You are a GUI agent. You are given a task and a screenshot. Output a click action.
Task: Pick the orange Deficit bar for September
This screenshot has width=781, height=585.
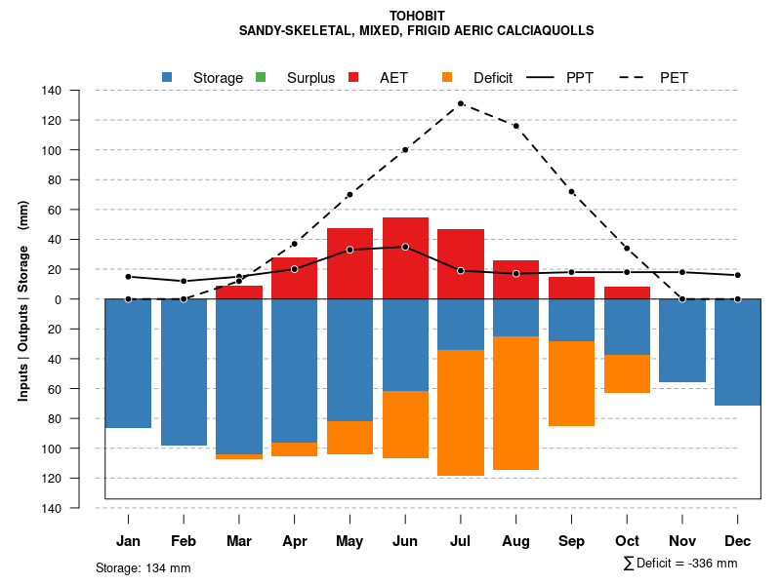[572, 383]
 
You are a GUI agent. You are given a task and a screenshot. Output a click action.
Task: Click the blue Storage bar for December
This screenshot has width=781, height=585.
[737, 352]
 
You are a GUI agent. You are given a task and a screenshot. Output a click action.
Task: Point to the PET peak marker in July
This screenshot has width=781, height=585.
[460, 103]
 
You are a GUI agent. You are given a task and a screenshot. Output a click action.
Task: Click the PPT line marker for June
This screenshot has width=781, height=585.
[405, 247]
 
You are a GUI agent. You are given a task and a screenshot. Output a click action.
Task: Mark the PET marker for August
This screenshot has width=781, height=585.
[515, 126]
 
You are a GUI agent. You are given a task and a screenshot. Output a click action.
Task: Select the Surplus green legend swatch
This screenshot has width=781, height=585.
[260, 77]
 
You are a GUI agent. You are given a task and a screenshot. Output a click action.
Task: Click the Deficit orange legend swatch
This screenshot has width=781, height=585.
[446, 77]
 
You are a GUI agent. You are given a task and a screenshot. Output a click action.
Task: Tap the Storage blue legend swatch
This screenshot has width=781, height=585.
[167, 77]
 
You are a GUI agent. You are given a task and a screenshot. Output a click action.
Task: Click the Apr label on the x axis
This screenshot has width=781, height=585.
[295, 541]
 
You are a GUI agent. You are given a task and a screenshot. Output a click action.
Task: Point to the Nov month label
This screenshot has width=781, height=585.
[682, 541]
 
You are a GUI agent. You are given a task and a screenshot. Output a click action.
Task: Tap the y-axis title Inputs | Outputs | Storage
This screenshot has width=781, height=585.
[22, 299]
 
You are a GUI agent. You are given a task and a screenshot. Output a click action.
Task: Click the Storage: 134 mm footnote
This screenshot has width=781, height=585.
[143, 567]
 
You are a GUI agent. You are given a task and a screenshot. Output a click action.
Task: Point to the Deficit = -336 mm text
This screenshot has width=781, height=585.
[680, 564]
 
